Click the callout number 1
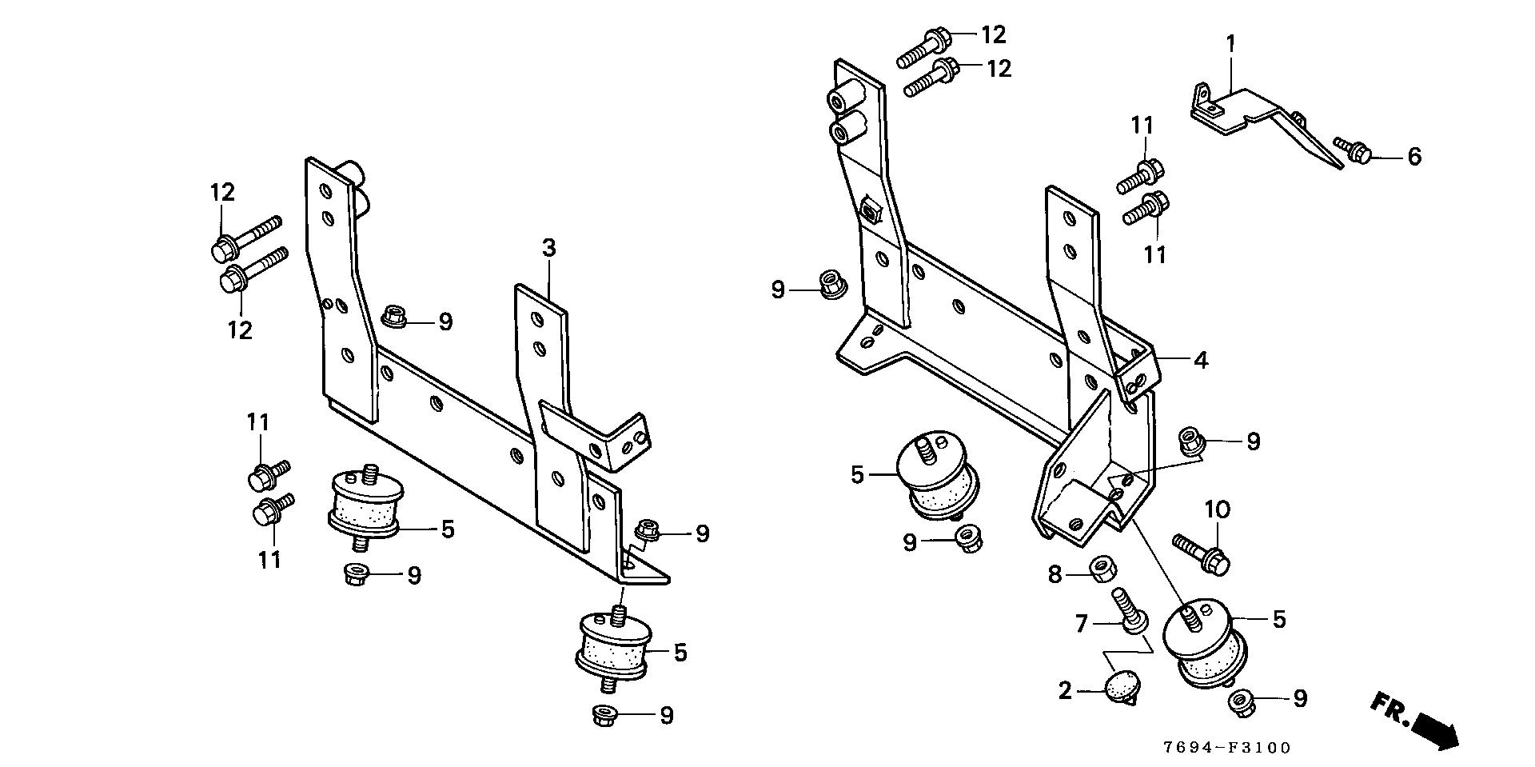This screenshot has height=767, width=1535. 1231,43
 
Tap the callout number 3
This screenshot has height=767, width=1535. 548,248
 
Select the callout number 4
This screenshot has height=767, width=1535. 1200,360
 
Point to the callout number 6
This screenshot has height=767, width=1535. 1414,157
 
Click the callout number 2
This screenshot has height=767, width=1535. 1065,690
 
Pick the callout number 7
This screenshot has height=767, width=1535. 1082,623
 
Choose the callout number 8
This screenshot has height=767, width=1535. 1055,573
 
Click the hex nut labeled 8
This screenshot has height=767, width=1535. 1103,569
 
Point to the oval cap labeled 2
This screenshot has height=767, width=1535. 1119,685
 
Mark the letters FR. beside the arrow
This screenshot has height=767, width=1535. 1389,706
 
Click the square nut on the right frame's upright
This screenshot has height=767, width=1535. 871,212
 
